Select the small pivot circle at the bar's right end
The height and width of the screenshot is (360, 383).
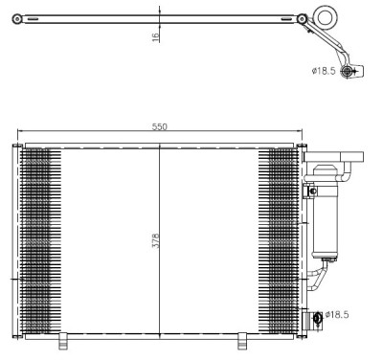[303, 19]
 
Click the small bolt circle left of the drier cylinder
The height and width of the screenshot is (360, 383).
[309, 192]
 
